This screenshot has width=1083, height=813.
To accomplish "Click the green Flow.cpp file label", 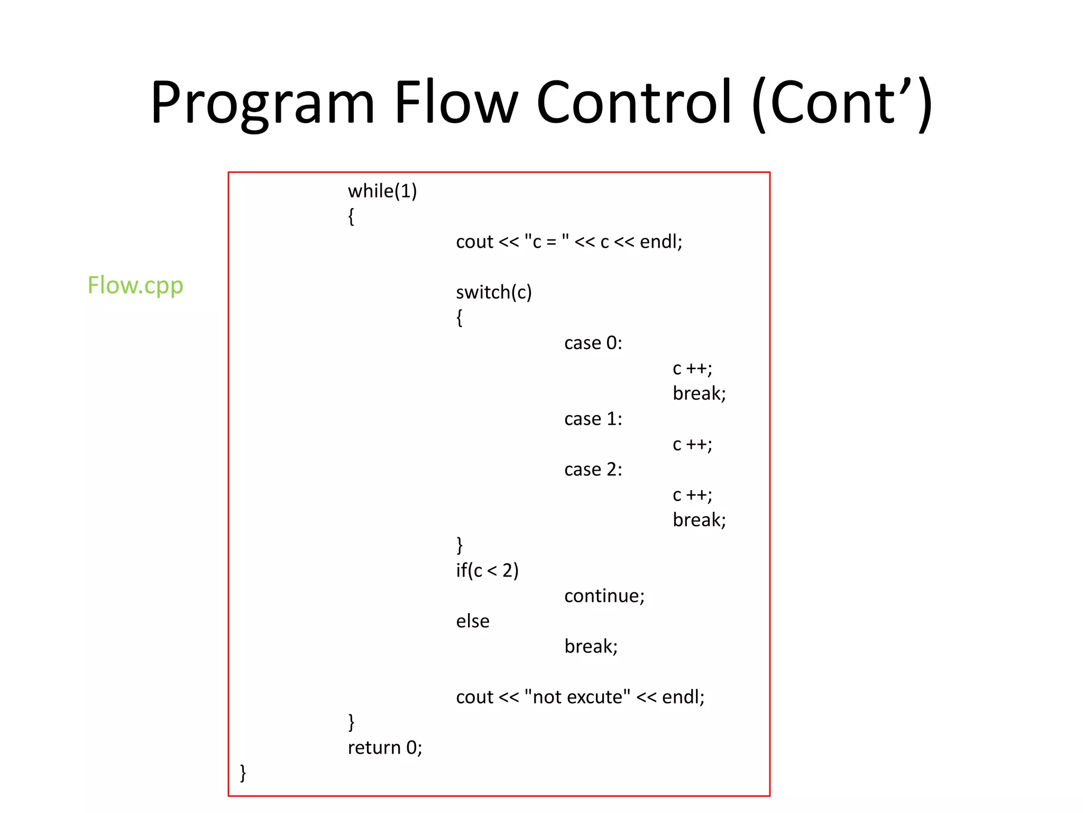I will click(135, 286).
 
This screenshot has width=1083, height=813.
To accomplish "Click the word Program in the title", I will click(262, 103).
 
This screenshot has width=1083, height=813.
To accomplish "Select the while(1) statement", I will click(382, 191).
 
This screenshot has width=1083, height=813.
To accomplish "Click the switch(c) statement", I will click(494, 292).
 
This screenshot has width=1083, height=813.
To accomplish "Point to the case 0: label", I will click(593, 343).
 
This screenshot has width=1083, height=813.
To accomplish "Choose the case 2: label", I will click(593, 469).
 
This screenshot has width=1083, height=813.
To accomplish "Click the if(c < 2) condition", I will click(487, 571).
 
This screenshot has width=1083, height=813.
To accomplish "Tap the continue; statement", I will click(604, 596).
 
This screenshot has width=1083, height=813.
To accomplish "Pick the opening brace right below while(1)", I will click(351, 216).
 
